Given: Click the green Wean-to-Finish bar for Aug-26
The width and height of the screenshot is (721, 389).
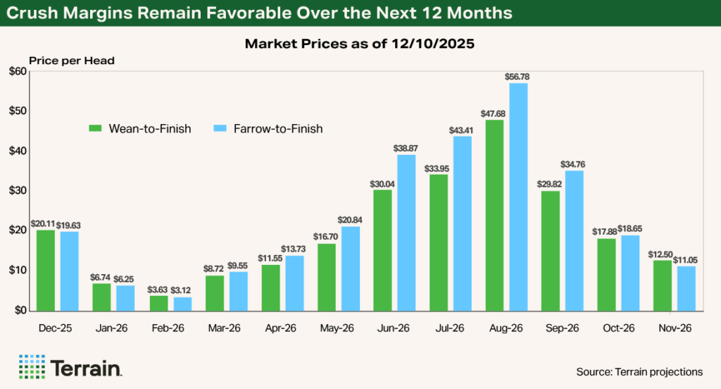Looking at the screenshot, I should point(495,215).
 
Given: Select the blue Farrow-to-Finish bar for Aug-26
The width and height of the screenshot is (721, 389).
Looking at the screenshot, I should point(518,197).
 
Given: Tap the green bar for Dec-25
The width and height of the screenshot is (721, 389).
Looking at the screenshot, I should point(45,270).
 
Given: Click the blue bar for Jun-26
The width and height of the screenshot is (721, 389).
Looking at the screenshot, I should point(406,233).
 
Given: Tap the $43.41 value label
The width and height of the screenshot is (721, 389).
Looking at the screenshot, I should point(462,129).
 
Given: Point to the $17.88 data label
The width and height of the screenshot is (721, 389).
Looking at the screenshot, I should point(607,231).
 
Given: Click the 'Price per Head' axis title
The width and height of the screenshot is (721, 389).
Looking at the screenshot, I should point(71,61).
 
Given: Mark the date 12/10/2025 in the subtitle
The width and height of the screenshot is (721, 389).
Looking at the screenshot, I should point(442,44).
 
